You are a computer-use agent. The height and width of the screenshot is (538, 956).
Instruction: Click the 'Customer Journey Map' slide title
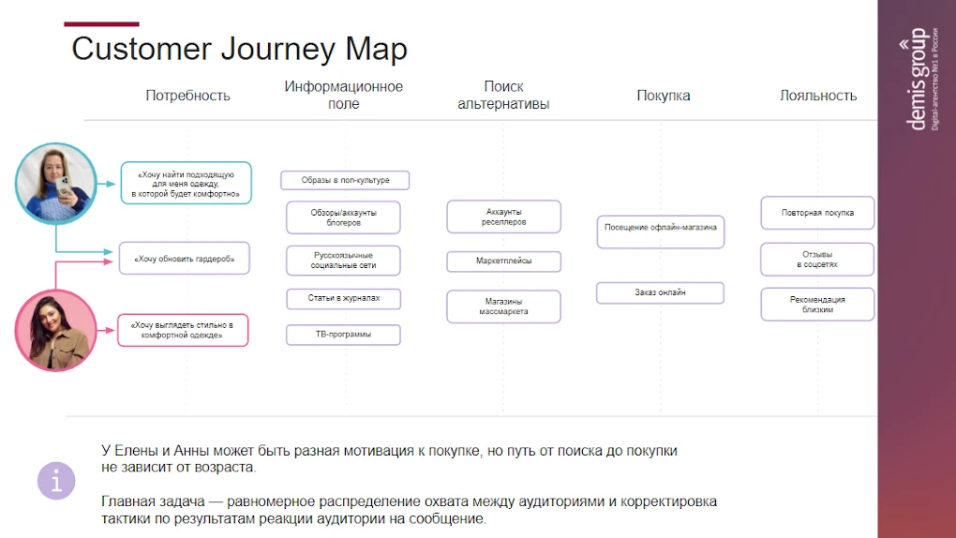(239, 49)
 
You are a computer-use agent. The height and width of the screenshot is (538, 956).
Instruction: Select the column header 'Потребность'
(187, 96)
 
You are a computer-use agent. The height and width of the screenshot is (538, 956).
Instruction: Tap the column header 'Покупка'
(663, 96)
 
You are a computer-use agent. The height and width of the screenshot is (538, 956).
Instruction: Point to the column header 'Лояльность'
(817, 96)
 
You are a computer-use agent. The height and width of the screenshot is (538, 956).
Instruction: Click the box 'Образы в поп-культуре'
(345, 180)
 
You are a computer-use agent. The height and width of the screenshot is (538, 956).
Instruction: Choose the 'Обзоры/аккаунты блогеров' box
(343, 217)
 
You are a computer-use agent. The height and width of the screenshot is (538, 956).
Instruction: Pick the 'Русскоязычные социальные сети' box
(343, 260)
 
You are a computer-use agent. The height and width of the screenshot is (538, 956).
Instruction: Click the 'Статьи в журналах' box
(343, 298)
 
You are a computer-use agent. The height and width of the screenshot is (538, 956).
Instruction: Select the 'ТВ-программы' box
(343, 334)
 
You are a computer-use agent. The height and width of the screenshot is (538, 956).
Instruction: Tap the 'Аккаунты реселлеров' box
(503, 217)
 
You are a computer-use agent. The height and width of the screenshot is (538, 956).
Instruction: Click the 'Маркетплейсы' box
(503, 262)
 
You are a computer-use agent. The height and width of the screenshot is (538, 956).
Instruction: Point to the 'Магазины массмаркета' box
(503, 306)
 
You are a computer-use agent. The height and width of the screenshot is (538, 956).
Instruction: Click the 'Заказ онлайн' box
(660, 292)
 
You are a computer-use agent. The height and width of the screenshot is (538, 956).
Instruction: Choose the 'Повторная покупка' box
(817, 213)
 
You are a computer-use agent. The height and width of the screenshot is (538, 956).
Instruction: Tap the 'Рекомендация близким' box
(817, 305)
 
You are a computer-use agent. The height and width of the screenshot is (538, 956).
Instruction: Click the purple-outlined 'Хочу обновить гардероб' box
(185, 258)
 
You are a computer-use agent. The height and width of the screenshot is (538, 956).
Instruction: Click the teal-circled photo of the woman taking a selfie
(56, 183)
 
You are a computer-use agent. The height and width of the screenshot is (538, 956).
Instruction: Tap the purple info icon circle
(56, 481)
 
